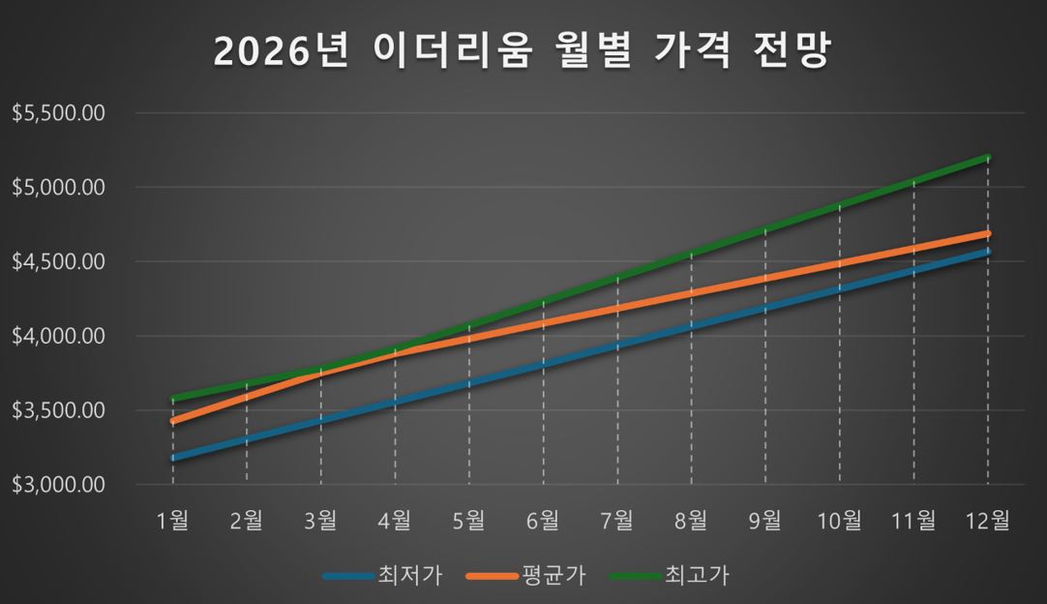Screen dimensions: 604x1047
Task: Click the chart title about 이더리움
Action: tap(522, 52)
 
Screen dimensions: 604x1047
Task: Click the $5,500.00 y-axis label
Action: tap(58, 113)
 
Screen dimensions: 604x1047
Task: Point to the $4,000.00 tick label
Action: tap(58, 336)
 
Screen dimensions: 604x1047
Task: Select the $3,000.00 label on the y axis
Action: tap(58, 485)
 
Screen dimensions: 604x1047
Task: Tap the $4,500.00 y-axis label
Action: tap(58, 261)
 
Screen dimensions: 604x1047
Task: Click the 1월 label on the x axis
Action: tap(172, 520)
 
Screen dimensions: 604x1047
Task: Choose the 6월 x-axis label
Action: tap(543, 520)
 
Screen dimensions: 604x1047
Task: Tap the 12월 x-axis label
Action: tap(987, 520)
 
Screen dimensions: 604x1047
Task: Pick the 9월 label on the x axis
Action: tap(765, 520)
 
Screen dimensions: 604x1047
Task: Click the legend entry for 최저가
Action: tap(410, 576)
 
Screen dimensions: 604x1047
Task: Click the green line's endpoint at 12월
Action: tap(987, 157)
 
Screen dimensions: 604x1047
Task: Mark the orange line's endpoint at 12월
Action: tap(987, 234)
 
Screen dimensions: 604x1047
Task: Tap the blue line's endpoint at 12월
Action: tap(987, 252)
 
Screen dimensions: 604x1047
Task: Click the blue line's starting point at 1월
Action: tap(173, 457)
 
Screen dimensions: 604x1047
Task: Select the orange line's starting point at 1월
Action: tap(173, 421)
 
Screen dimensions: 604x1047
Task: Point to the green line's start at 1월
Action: tap(173, 399)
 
